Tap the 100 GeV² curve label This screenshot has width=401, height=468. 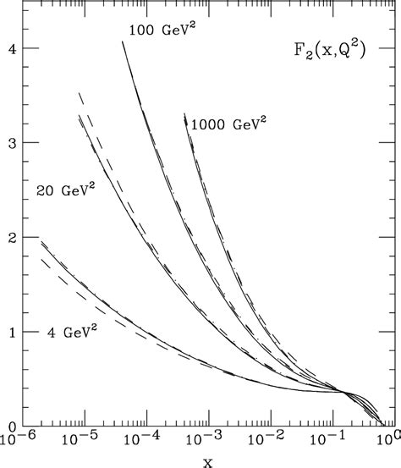[162, 31]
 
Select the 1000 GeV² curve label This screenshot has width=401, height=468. [228, 124]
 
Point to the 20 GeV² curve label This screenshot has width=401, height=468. [65, 191]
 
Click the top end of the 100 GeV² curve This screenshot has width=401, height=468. [123, 41]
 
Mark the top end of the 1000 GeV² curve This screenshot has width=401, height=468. [184, 113]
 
